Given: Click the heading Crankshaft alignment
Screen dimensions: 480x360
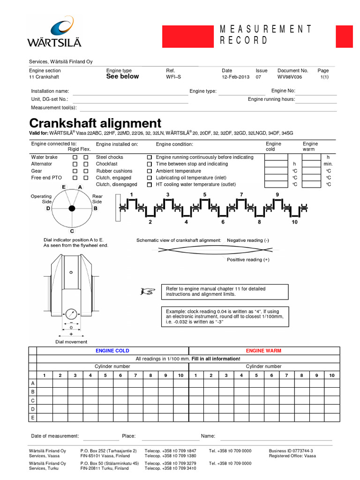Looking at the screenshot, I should click(95, 123).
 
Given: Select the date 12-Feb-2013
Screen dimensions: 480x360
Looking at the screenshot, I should click(236, 77).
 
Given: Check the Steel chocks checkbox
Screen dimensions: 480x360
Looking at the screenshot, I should click(150, 157).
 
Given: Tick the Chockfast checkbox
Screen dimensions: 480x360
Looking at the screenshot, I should click(150, 164).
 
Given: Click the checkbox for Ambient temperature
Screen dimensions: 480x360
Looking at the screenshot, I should click(150, 171).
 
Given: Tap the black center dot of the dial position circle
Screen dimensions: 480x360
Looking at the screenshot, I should click(72, 208).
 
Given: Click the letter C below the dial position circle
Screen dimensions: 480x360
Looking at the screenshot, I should click(72, 231).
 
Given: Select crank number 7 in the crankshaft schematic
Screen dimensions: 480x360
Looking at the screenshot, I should click(241, 194).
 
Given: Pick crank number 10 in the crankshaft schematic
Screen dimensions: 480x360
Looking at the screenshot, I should click(294, 222).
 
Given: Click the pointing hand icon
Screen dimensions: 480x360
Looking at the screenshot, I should click(147, 292).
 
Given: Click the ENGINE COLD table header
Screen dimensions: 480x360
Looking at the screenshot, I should click(112, 351).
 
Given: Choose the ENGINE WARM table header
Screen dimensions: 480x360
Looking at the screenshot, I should click(263, 351).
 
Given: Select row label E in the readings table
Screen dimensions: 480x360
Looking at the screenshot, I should click(33, 417).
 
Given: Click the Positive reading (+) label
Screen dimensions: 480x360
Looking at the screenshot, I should click(248, 259).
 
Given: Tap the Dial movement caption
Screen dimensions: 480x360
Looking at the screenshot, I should click(71, 342).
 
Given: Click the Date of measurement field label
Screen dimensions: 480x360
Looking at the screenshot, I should click(55, 436).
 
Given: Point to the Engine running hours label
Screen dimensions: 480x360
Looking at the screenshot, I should click(271, 99).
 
